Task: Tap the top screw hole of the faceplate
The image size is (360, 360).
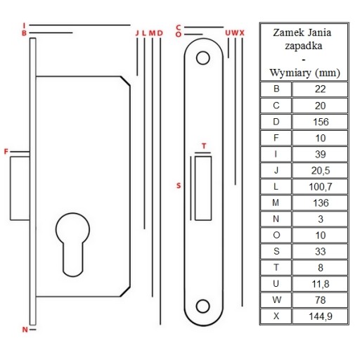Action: [x=202, y=58]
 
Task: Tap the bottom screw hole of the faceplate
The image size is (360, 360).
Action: [x=202, y=306]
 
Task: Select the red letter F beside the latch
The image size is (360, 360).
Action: [x=6, y=152]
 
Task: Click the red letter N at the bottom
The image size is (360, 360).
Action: [x=25, y=330]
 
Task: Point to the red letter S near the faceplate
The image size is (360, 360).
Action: [x=179, y=186]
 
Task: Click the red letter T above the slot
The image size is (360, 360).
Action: [x=204, y=146]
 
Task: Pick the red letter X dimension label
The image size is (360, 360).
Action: [x=242, y=33]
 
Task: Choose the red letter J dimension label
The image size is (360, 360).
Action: [x=137, y=33]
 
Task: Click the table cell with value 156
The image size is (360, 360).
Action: [x=321, y=122]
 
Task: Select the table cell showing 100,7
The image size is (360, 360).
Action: [x=321, y=187]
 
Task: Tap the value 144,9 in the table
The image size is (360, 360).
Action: [x=321, y=316]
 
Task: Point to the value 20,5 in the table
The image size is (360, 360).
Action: [x=321, y=171]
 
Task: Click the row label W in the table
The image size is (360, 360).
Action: [x=276, y=300]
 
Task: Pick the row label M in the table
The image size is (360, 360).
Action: [x=276, y=202]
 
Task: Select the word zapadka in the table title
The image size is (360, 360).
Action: [x=304, y=46]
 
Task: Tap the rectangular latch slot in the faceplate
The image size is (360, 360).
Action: [x=203, y=188]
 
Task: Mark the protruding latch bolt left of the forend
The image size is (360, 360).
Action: [x=20, y=188]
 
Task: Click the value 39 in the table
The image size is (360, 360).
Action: [x=321, y=155]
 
